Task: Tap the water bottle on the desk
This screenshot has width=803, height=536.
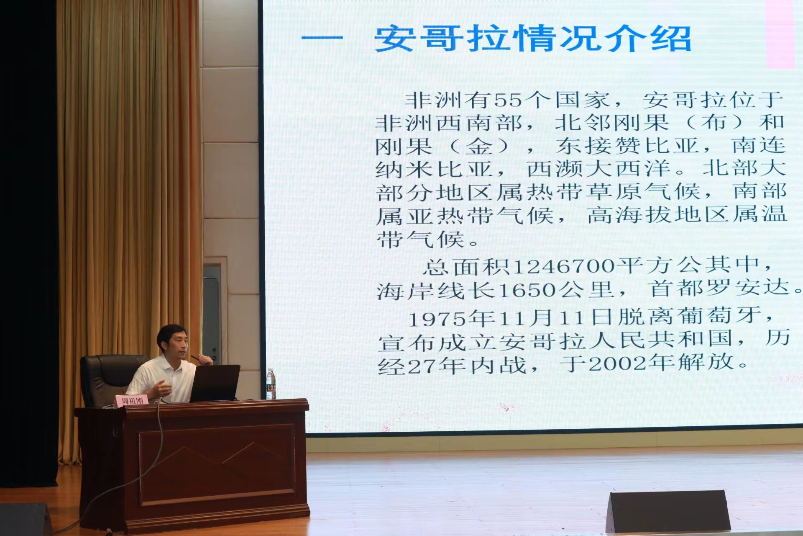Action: pyautogui.click(x=271, y=384)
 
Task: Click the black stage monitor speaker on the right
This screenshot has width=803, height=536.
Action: pyautogui.click(x=667, y=512)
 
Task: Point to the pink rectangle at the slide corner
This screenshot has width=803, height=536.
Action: pyautogui.click(x=780, y=33)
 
